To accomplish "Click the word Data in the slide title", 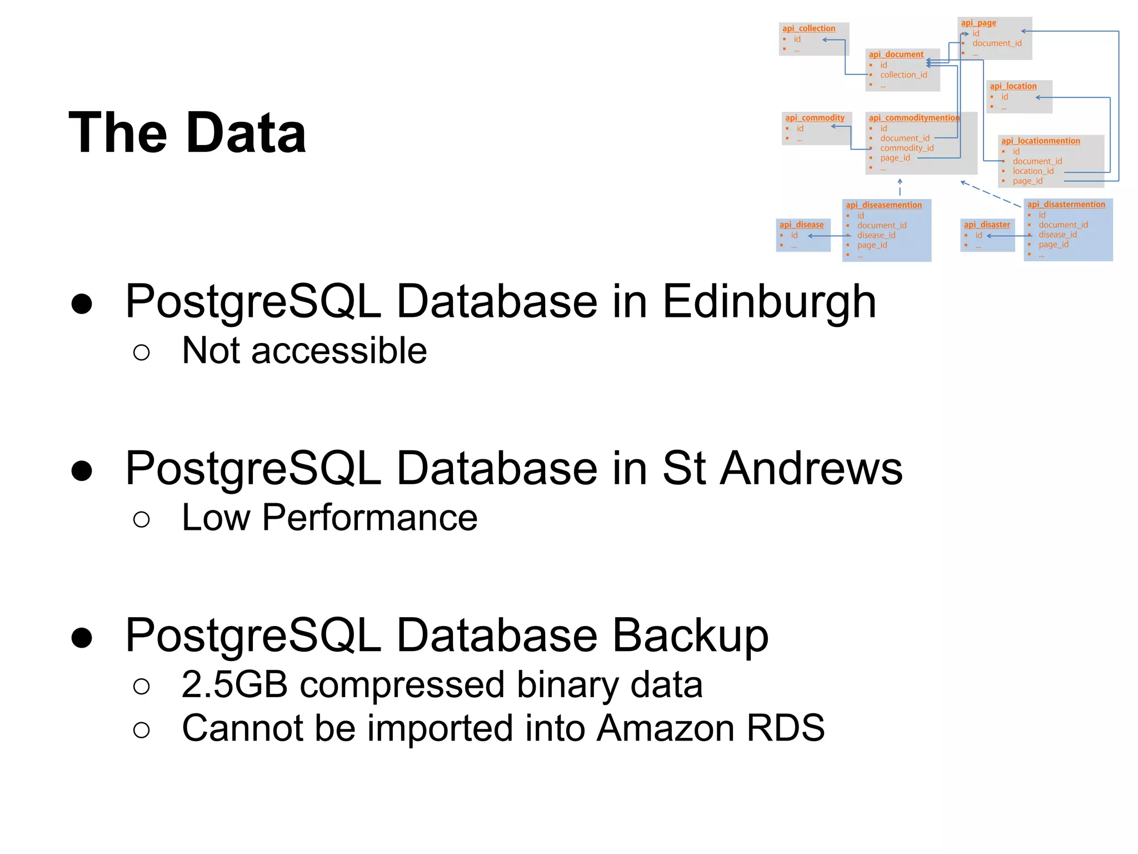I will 246,133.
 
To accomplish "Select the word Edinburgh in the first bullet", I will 769,302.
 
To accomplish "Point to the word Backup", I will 690,635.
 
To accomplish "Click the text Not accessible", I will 305,351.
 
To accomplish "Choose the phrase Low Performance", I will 330,518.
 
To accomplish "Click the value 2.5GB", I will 234,684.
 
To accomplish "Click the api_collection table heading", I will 808,28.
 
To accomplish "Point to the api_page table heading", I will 979,23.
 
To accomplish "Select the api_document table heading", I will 896,54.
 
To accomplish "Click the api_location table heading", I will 1013,86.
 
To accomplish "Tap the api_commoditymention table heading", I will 914,118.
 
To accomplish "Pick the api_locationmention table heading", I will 1041,141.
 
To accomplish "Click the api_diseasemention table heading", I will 884,205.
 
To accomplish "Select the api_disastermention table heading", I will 1066,205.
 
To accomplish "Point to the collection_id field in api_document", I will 904,75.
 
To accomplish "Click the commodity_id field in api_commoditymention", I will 907,148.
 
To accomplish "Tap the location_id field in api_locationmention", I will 1033,171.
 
